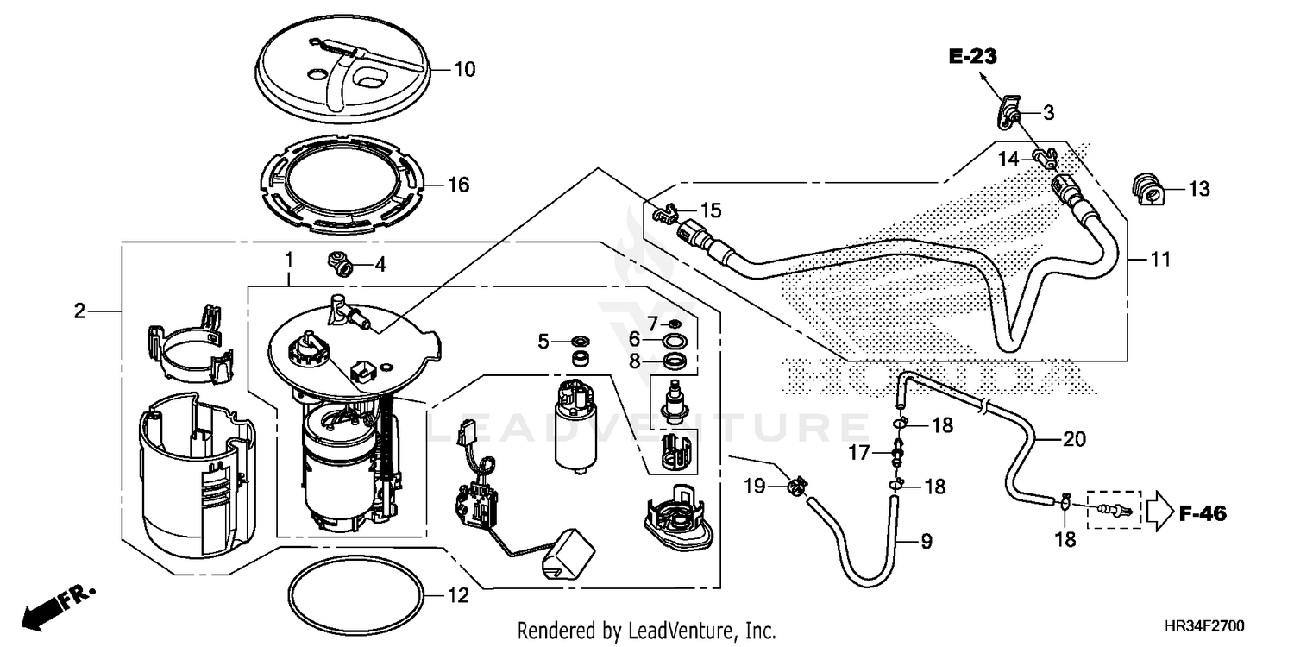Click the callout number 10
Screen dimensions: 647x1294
pyautogui.click(x=464, y=70)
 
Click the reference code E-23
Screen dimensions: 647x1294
pyautogui.click(x=973, y=58)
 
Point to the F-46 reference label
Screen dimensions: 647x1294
pyautogui.click(x=1203, y=514)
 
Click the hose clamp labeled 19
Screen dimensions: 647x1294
pyautogui.click(x=796, y=488)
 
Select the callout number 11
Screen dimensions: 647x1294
pyautogui.click(x=1160, y=259)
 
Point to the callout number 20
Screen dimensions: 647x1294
pyautogui.click(x=1073, y=438)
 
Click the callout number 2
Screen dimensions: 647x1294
pyautogui.click(x=79, y=311)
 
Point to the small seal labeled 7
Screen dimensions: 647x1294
pyautogui.click(x=675, y=323)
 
